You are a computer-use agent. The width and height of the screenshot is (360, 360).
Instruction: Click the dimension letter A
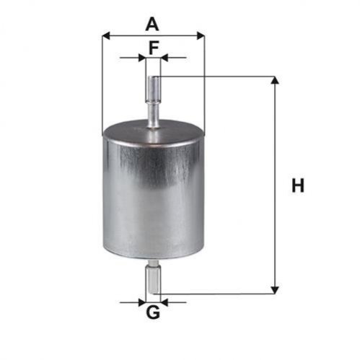(152, 25)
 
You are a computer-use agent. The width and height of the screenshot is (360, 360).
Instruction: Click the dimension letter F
(154, 48)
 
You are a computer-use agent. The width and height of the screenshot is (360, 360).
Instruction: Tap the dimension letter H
(298, 185)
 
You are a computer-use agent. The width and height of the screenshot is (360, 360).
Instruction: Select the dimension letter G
(153, 312)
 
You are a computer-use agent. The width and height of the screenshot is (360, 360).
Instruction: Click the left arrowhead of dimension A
(106, 36)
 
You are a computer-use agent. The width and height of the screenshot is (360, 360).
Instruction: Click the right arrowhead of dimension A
(201, 36)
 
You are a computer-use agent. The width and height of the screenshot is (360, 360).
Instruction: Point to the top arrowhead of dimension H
(275, 80)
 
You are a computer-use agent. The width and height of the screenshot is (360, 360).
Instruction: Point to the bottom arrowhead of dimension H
(275, 290)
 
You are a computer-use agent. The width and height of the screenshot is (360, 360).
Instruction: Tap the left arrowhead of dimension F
(142, 58)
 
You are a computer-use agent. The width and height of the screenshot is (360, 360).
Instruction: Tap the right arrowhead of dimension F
(164, 58)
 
